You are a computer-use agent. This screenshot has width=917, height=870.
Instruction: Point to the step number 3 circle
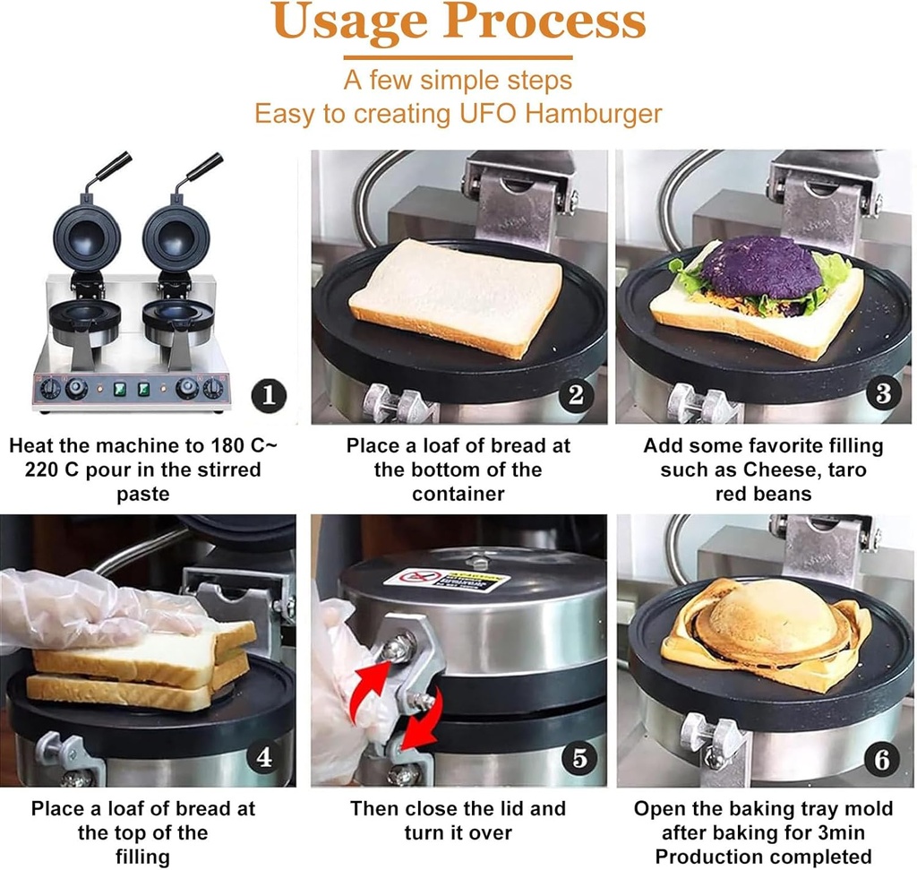coord(883,393)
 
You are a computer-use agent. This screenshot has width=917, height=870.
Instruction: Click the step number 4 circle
coord(264,757)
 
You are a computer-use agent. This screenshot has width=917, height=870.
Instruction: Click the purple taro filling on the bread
coord(761,266)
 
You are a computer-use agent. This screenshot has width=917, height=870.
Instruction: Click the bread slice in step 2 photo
coord(457,293)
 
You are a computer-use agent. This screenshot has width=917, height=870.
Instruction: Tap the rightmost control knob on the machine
coord(213,388)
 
